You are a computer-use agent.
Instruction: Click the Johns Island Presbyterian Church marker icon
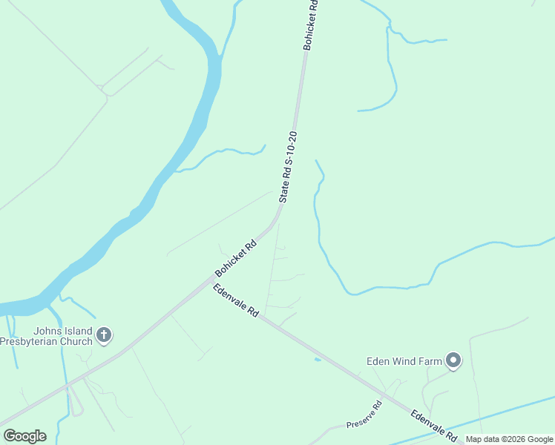point(104,335)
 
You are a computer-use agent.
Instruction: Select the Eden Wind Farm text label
point(404,362)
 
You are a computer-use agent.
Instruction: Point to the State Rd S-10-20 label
point(288,167)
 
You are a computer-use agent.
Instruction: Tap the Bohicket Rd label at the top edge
point(310,24)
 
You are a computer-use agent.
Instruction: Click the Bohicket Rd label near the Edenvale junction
point(236,257)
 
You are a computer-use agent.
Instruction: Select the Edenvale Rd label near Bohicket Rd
point(236,300)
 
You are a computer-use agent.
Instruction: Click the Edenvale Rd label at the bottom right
point(433,425)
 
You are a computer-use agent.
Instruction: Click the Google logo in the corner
point(24,436)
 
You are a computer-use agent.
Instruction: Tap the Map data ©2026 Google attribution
point(509,439)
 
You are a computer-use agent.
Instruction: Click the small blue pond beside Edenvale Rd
point(318,360)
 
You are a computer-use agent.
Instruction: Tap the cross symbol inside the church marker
point(104,335)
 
